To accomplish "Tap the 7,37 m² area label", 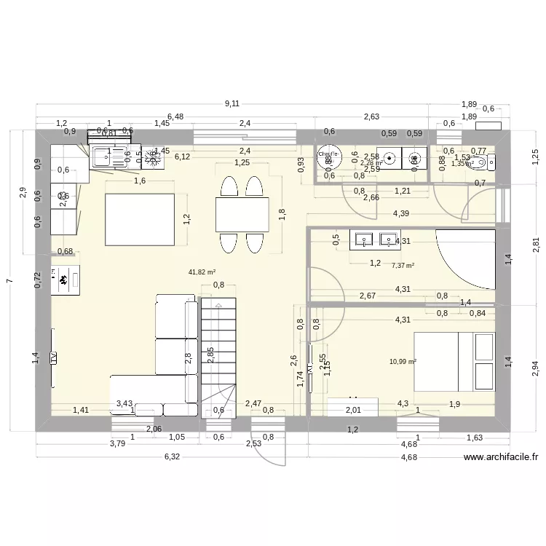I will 403,266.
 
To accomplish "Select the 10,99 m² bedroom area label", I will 403,361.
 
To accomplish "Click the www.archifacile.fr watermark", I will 501,458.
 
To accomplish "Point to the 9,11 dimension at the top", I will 232,104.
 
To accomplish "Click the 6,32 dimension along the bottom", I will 172,456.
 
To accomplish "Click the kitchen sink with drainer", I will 109,157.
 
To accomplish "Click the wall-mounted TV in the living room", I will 53,357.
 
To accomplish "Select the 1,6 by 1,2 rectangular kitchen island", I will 141,219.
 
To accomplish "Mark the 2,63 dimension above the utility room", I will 371,116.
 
